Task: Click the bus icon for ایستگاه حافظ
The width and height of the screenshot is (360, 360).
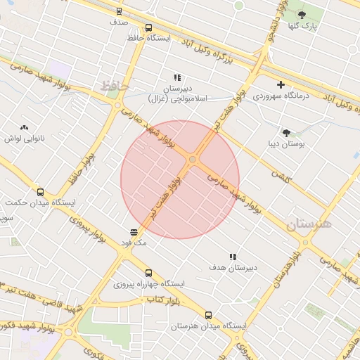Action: click(148, 28)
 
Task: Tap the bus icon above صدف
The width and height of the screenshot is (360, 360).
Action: click(118, 11)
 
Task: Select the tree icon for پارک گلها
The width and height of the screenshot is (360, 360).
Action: click(302, 14)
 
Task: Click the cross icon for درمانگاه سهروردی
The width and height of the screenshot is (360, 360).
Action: click(281, 84)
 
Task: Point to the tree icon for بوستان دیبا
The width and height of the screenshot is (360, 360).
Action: click(286, 132)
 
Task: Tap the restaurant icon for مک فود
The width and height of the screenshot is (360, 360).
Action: click(134, 231)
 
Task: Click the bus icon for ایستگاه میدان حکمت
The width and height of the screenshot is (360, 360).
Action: click(39, 191)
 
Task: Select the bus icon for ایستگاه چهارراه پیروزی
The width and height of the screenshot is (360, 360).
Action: click(148, 273)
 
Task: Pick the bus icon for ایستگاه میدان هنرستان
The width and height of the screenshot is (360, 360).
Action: click(207, 315)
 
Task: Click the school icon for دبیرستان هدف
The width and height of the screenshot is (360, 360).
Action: click(233, 257)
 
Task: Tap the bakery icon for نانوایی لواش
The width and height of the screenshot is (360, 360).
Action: click(25, 127)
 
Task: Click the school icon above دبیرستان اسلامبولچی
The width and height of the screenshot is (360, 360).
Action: click(177, 77)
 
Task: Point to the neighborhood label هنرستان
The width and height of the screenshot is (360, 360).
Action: click(308, 224)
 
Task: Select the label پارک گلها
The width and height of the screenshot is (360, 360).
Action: click(304, 26)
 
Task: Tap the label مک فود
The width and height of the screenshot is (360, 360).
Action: click(134, 243)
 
